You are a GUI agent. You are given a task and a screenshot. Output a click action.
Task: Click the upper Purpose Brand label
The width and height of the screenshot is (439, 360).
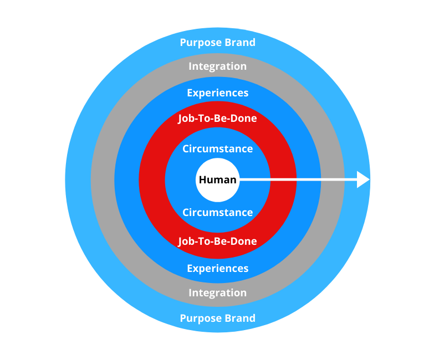pyautogui.click(x=217, y=43)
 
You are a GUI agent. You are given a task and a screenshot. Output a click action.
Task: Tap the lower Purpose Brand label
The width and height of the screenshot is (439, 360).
pyautogui.click(x=217, y=318)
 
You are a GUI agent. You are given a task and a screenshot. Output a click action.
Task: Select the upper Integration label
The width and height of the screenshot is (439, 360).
pyautogui.click(x=217, y=66)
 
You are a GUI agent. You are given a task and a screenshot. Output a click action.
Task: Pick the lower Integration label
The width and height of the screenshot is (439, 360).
pyautogui.click(x=217, y=292)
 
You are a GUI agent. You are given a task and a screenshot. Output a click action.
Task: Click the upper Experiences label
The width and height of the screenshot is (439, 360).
pyautogui.click(x=217, y=93)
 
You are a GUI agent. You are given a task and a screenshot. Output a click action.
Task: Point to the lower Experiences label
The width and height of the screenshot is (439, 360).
pyautogui.click(x=217, y=269)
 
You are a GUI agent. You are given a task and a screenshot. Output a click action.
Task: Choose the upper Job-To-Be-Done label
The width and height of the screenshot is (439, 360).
pyautogui.click(x=217, y=119)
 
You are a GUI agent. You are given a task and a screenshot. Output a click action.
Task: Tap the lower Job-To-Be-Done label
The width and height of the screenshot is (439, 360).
pyautogui.click(x=217, y=241)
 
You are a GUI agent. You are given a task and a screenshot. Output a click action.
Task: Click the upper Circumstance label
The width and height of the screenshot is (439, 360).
pyautogui.click(x=217, y=148)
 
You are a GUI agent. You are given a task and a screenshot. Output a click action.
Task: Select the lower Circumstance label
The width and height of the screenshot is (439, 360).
pyautogui.click(x=217, y=213)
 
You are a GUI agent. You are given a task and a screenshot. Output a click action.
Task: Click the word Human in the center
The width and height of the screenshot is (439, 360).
pyautogui.click(x=217, y=180)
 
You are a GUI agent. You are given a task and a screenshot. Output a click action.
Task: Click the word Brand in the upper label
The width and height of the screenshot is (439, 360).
pyautogui.click(x=239, y=43)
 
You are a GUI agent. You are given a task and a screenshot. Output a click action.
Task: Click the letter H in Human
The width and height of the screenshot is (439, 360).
pyautogui.click(x=202, y=180)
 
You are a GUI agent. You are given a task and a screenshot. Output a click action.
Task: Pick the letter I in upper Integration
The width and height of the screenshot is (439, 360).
pyautogui.click(x=191, y=66)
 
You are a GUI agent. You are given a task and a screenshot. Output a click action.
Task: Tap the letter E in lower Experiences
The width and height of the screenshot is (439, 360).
pyautogui.click(x=190, y=269)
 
